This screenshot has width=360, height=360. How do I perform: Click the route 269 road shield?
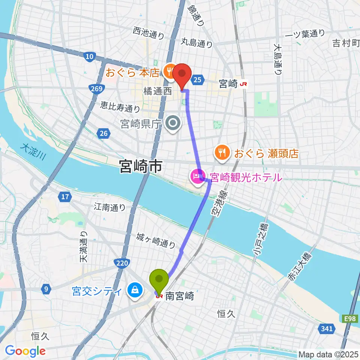[97, 88]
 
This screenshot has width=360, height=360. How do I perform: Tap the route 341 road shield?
[326, 329]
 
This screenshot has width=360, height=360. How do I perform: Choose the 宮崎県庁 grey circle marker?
[173, 123]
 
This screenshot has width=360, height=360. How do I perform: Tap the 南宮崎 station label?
[179, 296]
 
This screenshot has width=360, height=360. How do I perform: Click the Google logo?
[25, 351]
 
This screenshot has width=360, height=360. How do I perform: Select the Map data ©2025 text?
[328, 354]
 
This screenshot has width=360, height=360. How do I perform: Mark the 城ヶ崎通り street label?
[156, 240]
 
